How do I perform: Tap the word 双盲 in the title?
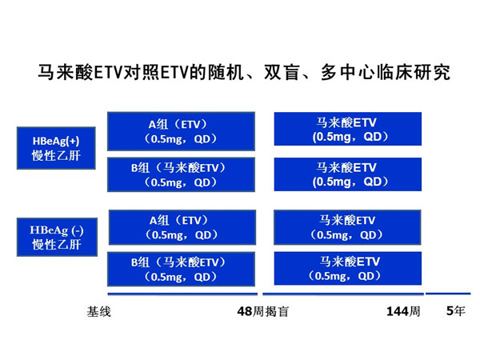[282, 73]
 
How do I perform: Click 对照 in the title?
[141, 73]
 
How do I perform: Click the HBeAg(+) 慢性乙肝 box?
[56, 148]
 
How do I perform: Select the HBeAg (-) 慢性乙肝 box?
[57, 238]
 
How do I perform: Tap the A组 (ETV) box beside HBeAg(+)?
[181, 131]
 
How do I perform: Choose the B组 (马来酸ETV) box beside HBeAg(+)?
[181, 174]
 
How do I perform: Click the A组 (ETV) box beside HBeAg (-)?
[182, 227]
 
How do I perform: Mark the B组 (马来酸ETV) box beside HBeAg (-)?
[181, 269]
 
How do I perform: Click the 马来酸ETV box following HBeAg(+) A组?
[348, 129]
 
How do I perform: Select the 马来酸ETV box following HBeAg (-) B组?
[348, 269]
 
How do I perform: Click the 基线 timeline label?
[98, 312]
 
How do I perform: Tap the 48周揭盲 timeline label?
[263, 312]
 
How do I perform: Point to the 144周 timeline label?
[403, 312]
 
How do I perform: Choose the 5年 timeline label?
[455, 311]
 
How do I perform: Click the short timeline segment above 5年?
[448, 294]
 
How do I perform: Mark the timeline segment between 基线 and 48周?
[182, 294]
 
